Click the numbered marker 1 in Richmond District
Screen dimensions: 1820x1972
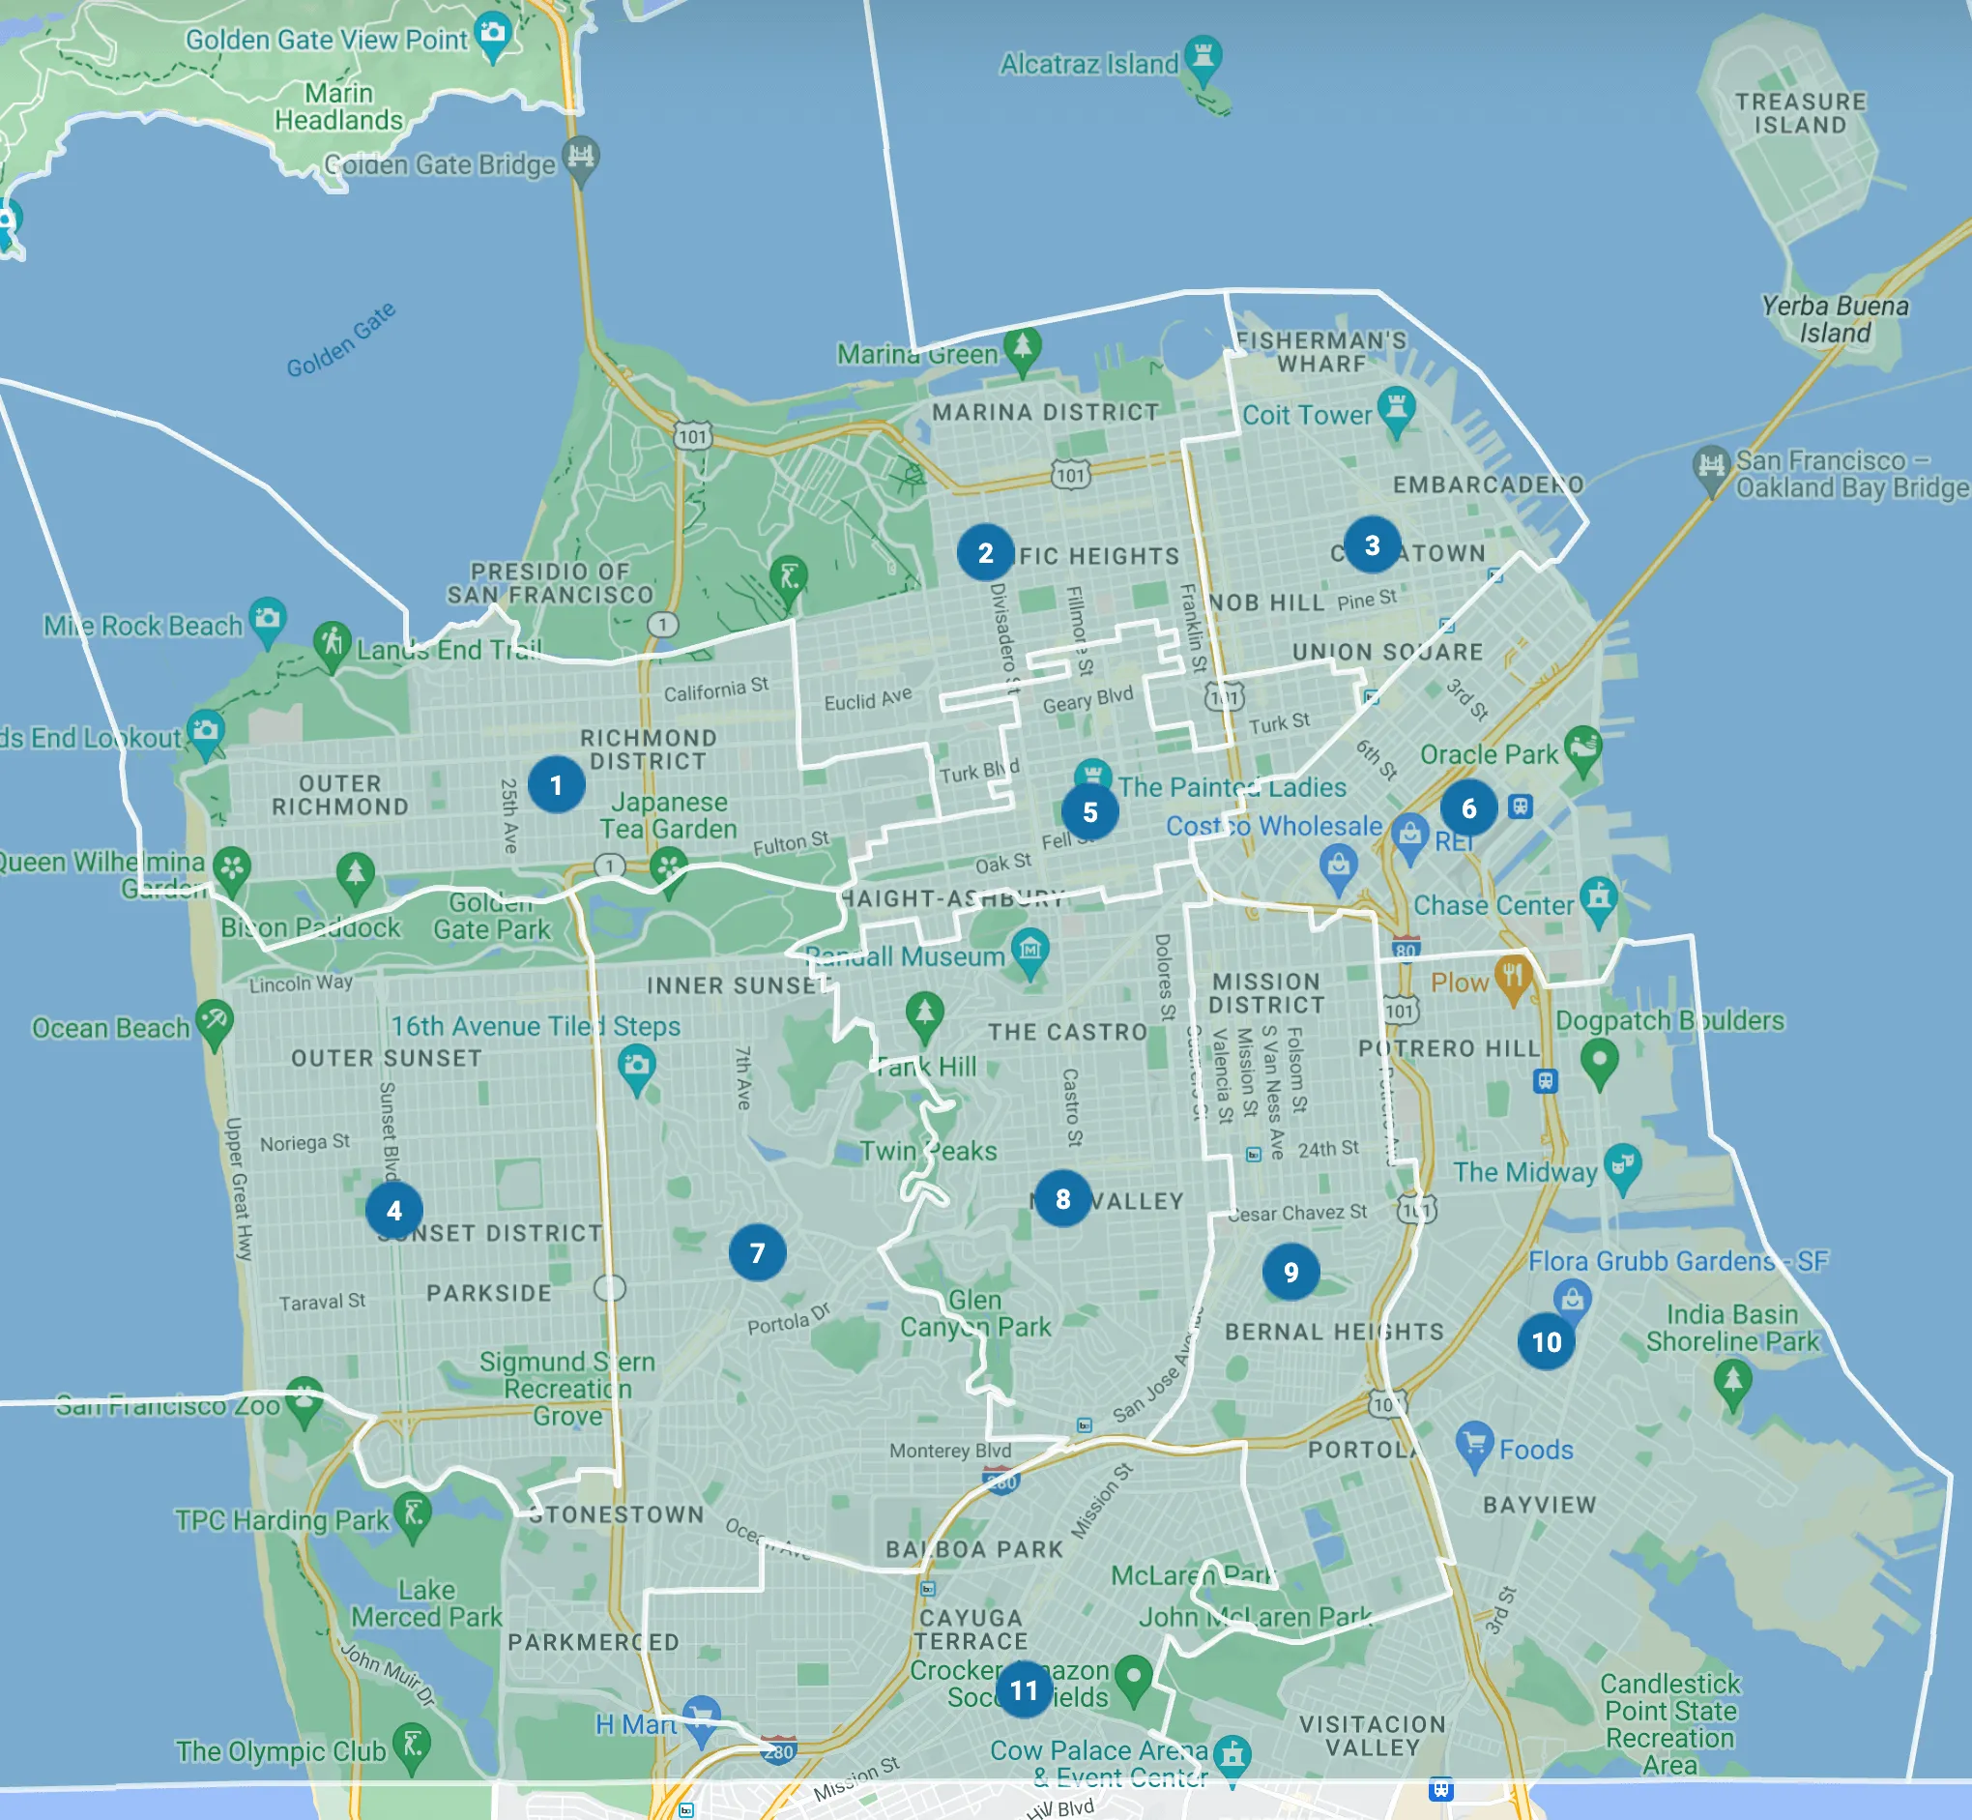[556, 785]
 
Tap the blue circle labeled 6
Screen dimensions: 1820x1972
[1468, 807]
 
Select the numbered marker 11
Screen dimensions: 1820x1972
[1024, 1690]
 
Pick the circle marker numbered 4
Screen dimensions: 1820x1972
[393, 1211]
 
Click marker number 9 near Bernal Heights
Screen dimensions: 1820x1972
[1290, 1272]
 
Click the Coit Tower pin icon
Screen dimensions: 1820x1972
[1396, 408]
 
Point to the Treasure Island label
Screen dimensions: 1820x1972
[1800, 113]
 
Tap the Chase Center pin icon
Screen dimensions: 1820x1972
[1598, 898]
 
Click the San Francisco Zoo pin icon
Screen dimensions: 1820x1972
[304, 1397]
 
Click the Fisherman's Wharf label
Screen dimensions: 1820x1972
[1321, 352]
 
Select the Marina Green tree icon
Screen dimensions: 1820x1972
[1022, 347]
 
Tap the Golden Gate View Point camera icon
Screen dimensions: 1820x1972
[492, 34]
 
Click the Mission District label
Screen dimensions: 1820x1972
[1266, 993]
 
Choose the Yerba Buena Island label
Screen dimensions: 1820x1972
[1834, 319]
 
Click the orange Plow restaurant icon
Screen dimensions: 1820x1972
[1512, 977]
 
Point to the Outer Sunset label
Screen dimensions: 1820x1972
[386, 1058]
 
